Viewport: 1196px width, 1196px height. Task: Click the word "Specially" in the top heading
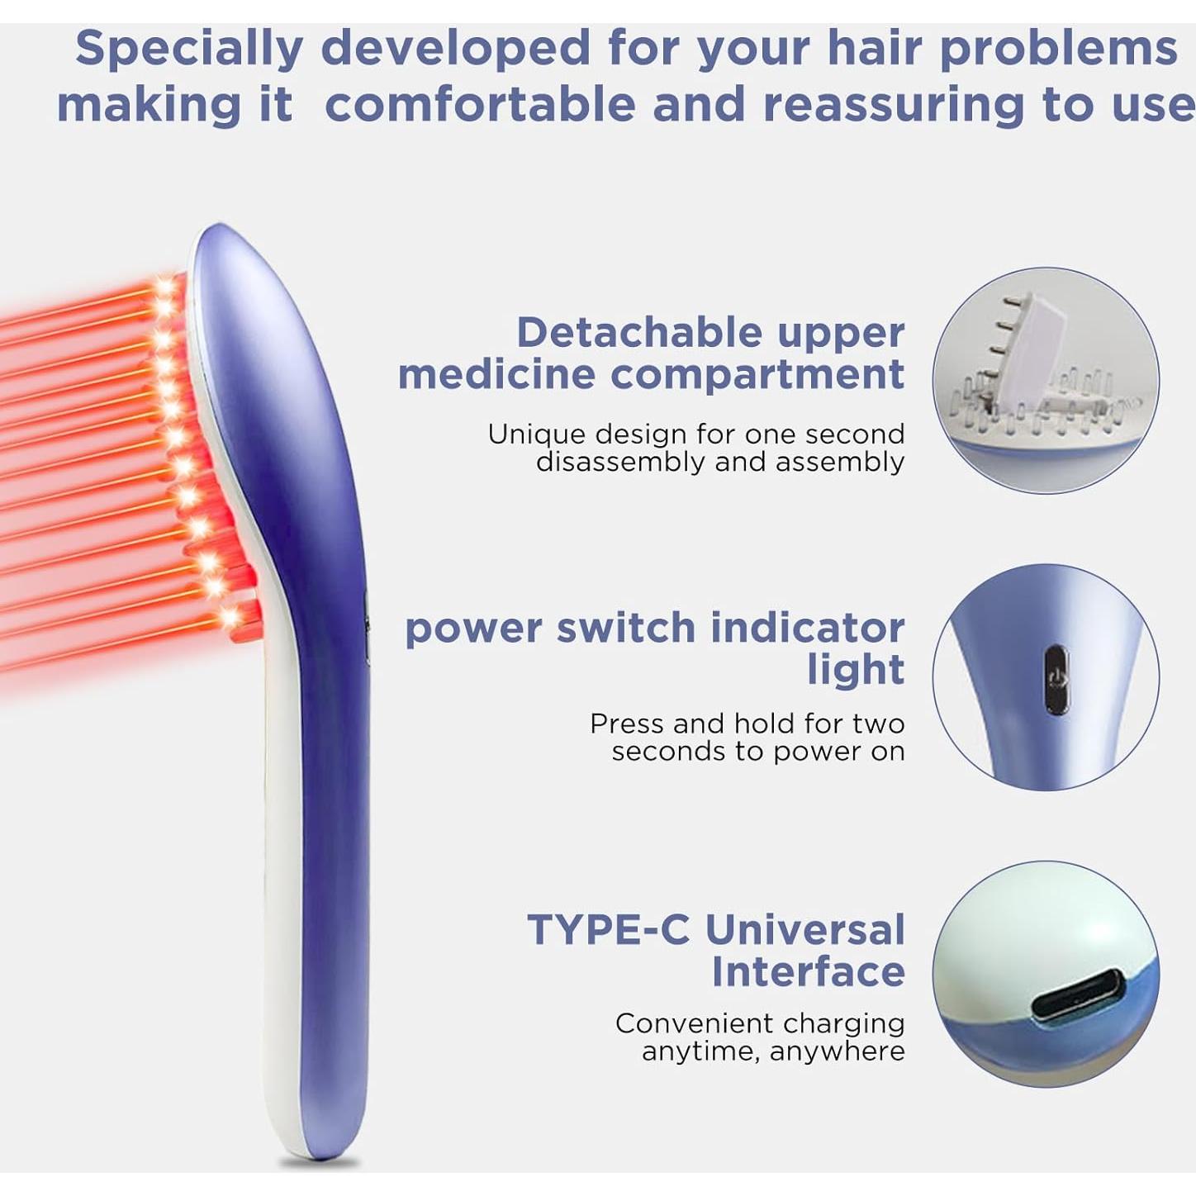click(189, 50)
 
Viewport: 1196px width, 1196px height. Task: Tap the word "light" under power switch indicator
click(855, 669)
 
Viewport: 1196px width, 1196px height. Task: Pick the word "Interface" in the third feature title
click(808, 971)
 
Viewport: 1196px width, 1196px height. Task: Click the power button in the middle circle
click(1056, 679)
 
